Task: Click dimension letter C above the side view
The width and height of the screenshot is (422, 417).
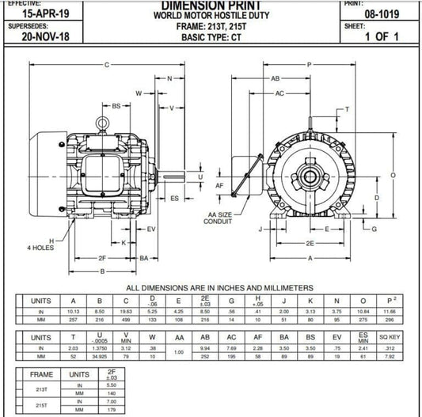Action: pyautogui.click(x=107, y=64)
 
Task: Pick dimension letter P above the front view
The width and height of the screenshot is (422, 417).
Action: pyautogui.click(x=309, y=64)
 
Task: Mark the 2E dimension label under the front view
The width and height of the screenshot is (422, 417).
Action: pyautogui.click(x=310, y=244)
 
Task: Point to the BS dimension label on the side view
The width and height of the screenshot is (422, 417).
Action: pyautogui.click(x=116, y=105)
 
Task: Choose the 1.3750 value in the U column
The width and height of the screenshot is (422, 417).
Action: pyautogui.click(x=100, y=348)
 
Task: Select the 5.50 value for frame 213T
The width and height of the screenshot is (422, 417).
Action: pyautogui.click(x=111, y=384)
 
